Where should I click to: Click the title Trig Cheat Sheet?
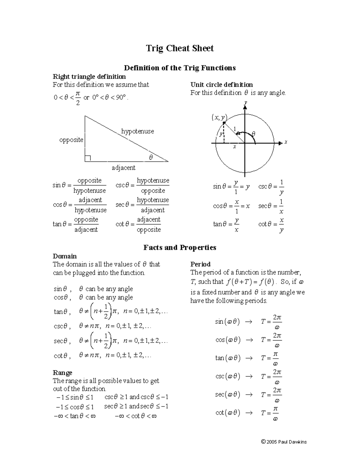point(180,48)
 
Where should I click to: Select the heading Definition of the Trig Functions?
point(180,68)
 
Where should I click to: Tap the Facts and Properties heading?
point(180,248)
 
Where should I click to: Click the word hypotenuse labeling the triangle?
point(137,131)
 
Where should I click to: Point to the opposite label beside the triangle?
point(71,140)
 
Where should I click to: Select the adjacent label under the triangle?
point(124,168)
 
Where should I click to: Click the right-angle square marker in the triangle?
point(88,158)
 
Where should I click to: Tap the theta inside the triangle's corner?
point(151,157)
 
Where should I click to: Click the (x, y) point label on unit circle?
point(219,118)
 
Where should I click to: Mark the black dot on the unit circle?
point(224,123)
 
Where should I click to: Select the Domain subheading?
point(64,256)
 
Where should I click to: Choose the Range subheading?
point(62,373)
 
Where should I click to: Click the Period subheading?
point(200,264)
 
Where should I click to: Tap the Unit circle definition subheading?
point(221,85)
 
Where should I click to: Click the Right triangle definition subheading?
point(89,77)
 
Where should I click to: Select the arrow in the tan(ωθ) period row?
point(249,358)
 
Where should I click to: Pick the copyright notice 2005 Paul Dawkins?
point(284,442)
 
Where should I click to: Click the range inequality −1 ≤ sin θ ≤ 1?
point(75,397)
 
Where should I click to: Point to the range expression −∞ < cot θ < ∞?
point(136,416)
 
